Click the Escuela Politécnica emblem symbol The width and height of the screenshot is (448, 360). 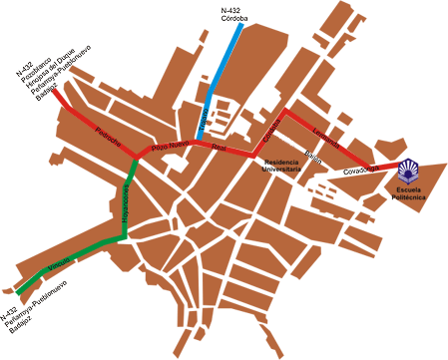(x=409, y=169)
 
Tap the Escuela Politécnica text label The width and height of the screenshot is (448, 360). (x=410, y=192)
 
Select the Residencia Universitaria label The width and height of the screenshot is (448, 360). (x=282, y=167)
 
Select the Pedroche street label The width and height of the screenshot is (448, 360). (x=107, y=135)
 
